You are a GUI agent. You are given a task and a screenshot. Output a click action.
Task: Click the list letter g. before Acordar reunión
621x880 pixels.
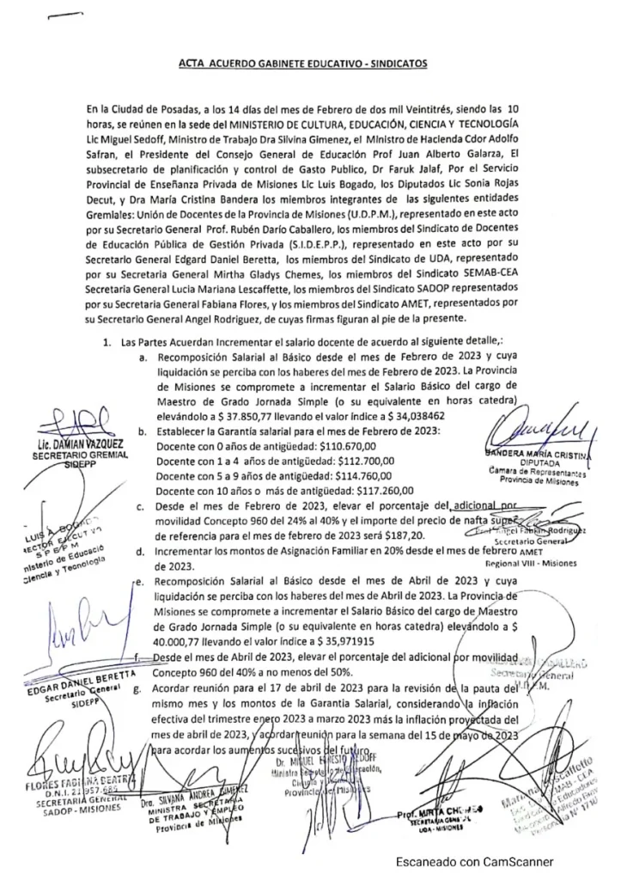tap(137, 690)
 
